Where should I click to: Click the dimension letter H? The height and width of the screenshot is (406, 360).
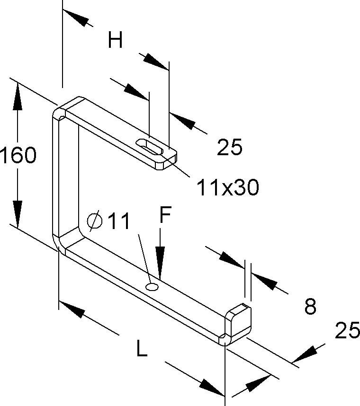(x=115, y=40)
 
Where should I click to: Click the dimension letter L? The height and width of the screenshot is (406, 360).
(x=142, y=349)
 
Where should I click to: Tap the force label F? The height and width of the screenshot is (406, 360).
(x=165, y=214)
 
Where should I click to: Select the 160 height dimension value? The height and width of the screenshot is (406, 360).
(x=18, y=155)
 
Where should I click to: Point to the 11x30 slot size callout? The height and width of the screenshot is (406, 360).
(x=228, y=187)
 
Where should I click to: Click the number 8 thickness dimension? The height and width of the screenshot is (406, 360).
(x=310, y=306)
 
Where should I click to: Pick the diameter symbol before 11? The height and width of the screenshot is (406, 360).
(x=95, y=221)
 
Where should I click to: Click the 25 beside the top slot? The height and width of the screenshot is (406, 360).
(x=229, y=147)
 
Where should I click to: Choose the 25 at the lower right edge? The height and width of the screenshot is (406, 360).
(x=347, y=330)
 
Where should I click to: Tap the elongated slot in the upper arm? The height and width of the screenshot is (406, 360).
(x=150, y=147)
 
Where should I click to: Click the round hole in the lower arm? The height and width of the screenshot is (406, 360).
(x=152, y=287)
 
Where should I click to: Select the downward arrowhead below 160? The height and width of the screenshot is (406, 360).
(x=18, y=214)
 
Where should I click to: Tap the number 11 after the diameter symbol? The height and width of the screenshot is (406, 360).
(x=118, y=221)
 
